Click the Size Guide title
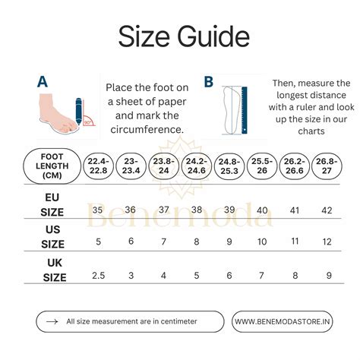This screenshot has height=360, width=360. tap(184, 36)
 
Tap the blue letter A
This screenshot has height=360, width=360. tap(43, 82)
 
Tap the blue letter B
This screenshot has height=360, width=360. tap(208, 82)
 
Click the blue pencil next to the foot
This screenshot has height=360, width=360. tap(79, 112)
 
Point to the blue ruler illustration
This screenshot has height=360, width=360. tap(245, 110)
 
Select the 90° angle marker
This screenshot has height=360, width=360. tap(88, 122)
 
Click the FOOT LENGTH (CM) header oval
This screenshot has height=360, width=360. tap(52, 166)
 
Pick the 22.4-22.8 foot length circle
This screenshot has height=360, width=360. tap(98, 166)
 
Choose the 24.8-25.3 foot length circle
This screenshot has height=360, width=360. tap(229, 166)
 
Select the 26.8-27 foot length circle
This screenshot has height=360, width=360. tap(327, 166)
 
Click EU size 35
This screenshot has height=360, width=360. tap(97, 210)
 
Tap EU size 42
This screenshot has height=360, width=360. tap(327, 210)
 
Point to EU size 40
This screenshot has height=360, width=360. tap(262, 210)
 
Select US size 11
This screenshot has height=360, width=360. tap(295, 242)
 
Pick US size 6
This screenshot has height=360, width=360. tap(131, 242)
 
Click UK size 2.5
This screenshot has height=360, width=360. tap(98, 276)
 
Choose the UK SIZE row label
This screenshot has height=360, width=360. tap(55, 270)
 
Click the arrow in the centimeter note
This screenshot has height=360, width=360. tap(52, 321)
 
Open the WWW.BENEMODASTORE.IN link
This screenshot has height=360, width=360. tap(282, 321)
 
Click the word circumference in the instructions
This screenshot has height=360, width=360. tap(147, 130)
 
